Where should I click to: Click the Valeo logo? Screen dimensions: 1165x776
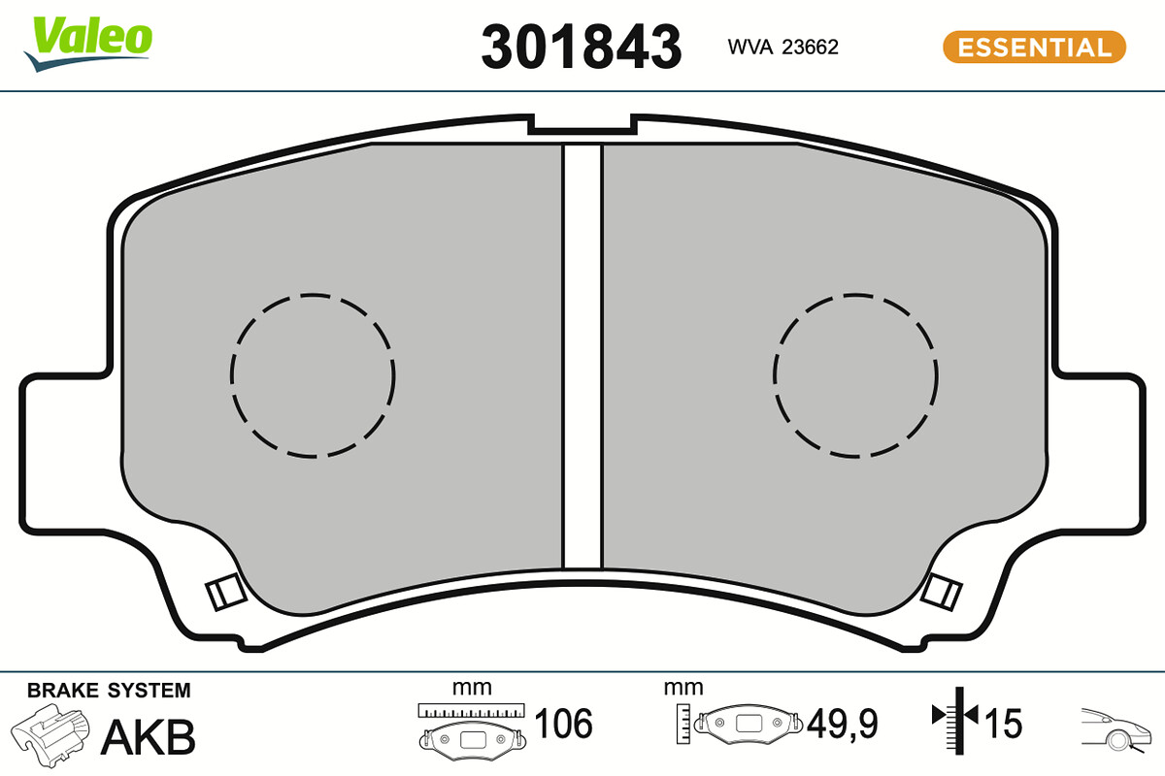pyautogui.click(x=88, y=43)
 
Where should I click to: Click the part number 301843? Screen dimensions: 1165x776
pyautogui.click(x=581, y=47)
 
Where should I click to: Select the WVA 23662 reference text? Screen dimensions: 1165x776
pyautogui.click(x=782, y=48)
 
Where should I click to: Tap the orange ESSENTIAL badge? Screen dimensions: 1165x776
pyautogui.click(x=1035, y=48)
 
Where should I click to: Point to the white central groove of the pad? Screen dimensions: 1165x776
pyautogui.click(x=582, y=357)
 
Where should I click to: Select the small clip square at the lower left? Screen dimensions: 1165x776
pyautogui.click(x=225, y=593)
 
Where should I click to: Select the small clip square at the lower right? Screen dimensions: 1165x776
pyautogui.click(x=941, y=592)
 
